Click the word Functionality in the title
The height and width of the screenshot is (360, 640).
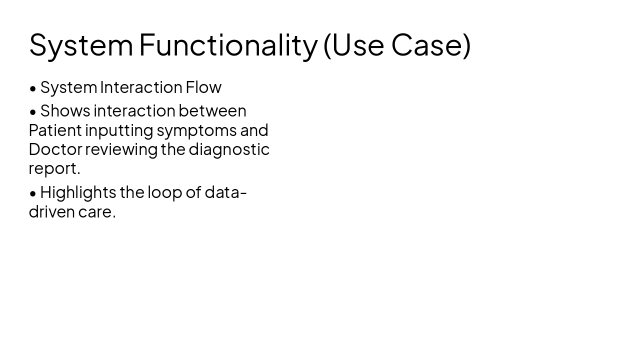(228, 45)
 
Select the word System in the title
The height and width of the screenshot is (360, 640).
(81, 45)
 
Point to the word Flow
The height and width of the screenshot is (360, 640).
(203, 87)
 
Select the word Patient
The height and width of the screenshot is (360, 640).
(55, 130)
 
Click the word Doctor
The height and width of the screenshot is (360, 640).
(55, 149)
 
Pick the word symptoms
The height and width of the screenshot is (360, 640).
(196, 130)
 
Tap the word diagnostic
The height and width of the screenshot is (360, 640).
(229, 149)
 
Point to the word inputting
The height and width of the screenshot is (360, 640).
(119, 130)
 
